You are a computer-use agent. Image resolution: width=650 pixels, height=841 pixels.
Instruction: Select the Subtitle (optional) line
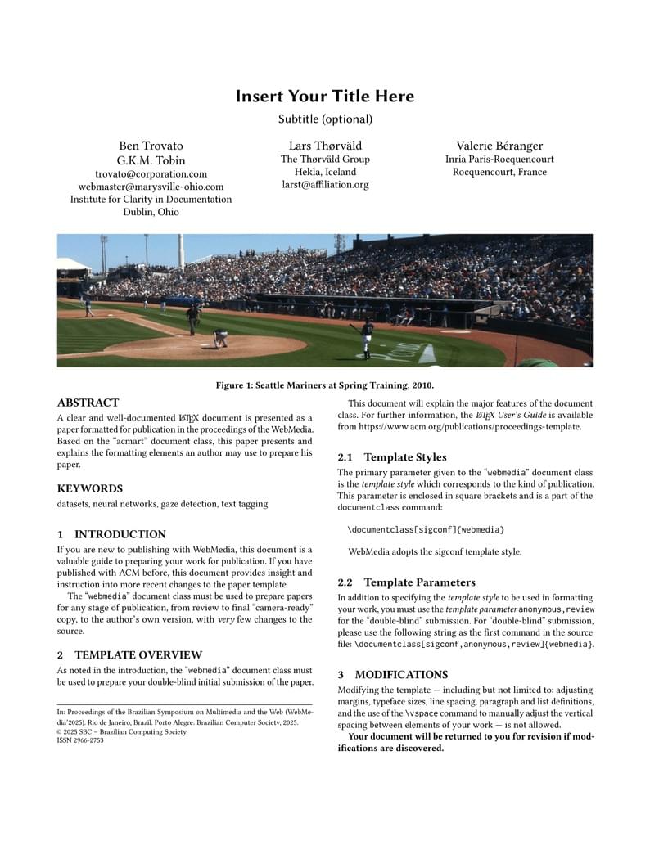(x=325, y=119)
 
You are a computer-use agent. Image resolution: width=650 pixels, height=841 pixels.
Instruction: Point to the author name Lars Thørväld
(x=325, y=146)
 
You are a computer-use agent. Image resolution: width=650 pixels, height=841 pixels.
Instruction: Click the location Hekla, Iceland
(x=325, y=172)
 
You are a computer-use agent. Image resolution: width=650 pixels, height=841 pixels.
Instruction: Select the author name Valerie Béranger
(x=499, y=146)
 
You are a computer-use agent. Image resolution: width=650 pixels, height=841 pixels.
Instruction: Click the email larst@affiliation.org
(x=325, y=185)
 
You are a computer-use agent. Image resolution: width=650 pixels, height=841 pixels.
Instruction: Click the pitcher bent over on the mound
(x=219, y=337)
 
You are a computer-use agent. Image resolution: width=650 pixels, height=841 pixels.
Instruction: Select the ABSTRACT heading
(x=88, y=403)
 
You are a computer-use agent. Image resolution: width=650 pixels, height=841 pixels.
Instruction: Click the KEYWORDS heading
(x=90, y=488)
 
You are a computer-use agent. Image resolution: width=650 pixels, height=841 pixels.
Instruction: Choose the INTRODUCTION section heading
(x=120, y=534)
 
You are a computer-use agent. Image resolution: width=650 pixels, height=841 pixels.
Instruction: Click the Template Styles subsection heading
(x=405, y=457)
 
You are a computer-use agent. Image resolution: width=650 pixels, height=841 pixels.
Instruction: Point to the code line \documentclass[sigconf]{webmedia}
(x=426, y=530)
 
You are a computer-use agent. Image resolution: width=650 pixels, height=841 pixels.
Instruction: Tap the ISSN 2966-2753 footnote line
(x=80, y=740)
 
